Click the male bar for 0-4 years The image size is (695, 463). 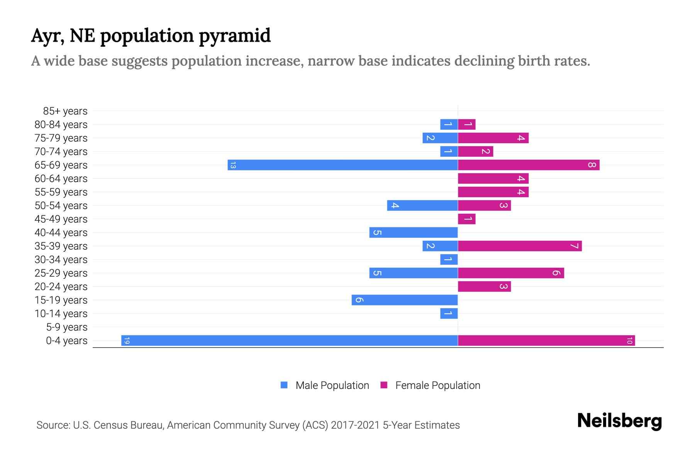(290, 341)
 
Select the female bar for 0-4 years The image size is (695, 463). (546, 341)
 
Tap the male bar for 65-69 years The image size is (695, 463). (343, 165)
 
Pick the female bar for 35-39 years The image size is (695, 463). (520, 246)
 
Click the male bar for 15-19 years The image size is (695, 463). (405, 300)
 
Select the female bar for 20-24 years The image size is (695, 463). (484, 287)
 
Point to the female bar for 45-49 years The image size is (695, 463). (466, 219)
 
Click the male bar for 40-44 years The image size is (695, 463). (414, 233)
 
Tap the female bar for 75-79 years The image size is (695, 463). (493, 138)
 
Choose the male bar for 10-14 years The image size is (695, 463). (449, 314)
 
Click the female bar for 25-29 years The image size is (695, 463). (511, 273)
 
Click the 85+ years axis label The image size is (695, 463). (65, 111)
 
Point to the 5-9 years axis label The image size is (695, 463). (67, 327)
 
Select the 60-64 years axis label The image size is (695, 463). (61, 179)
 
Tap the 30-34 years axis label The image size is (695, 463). (61, 260)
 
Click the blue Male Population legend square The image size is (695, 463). (284, 385)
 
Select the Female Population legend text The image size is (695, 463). (437, 385)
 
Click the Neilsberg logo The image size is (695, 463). (619, 421)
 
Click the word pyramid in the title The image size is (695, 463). (235, 36)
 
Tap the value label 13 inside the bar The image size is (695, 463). (233, 166)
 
